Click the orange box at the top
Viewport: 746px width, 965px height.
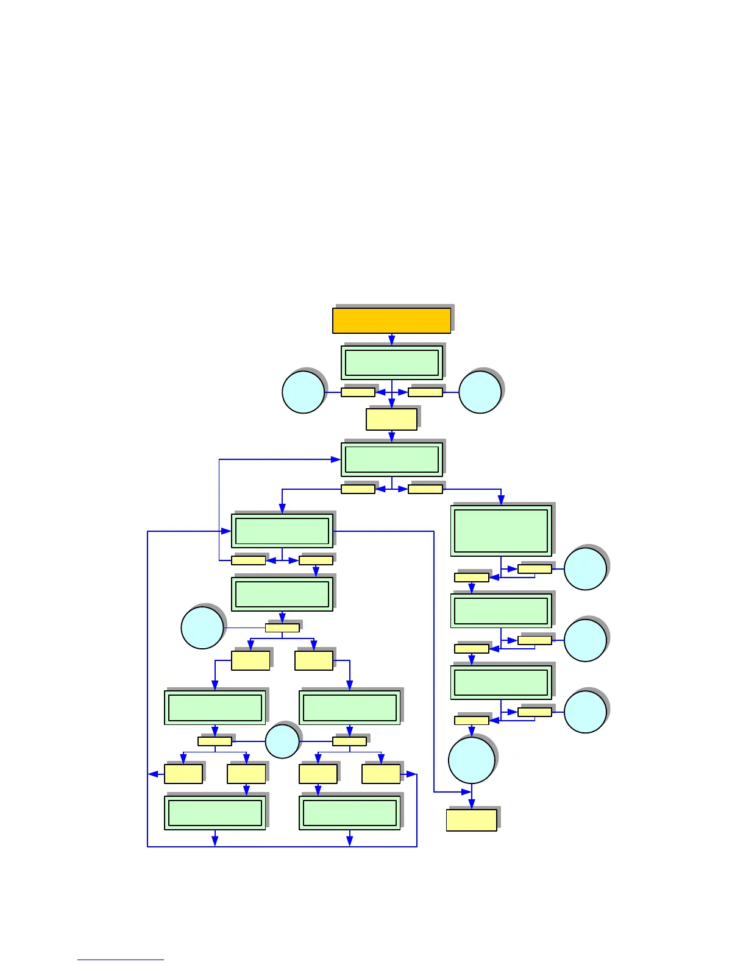click(x=391, y=320)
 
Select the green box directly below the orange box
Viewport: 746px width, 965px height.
click(x=391, y=362)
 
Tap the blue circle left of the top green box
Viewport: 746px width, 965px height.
click(x=303, y=392)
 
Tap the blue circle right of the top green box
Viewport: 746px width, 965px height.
click(x=480, y=392)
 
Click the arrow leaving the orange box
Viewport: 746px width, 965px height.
click(x=391, y=339)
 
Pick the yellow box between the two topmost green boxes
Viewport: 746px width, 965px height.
click(x=391, y=419)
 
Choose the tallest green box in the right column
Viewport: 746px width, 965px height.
click(x=501, y=531)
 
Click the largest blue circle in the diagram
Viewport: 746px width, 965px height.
click(x=472, y=760)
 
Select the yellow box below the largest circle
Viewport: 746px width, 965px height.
click(x=471, y=820)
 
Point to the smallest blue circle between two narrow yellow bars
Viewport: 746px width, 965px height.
click(x=282, y=741)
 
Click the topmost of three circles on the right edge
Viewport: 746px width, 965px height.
click(x=585, y=569)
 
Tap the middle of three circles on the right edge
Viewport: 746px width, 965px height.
click(x=585, y=640)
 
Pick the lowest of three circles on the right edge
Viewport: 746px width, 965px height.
click(x=585, y=712)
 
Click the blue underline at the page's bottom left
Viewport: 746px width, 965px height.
click(x=120, y=960)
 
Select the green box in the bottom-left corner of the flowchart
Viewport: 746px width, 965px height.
click(x=215, y=813)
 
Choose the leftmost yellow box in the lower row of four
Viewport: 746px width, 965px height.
click(x=183, y=774)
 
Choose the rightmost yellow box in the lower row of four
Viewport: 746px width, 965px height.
click(x=381, y=774)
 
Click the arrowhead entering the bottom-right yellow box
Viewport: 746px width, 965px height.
click(x=471, y=805)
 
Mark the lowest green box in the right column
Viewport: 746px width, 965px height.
click(x=501, y=682)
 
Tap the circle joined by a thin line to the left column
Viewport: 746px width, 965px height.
click(x=202, y=627)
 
